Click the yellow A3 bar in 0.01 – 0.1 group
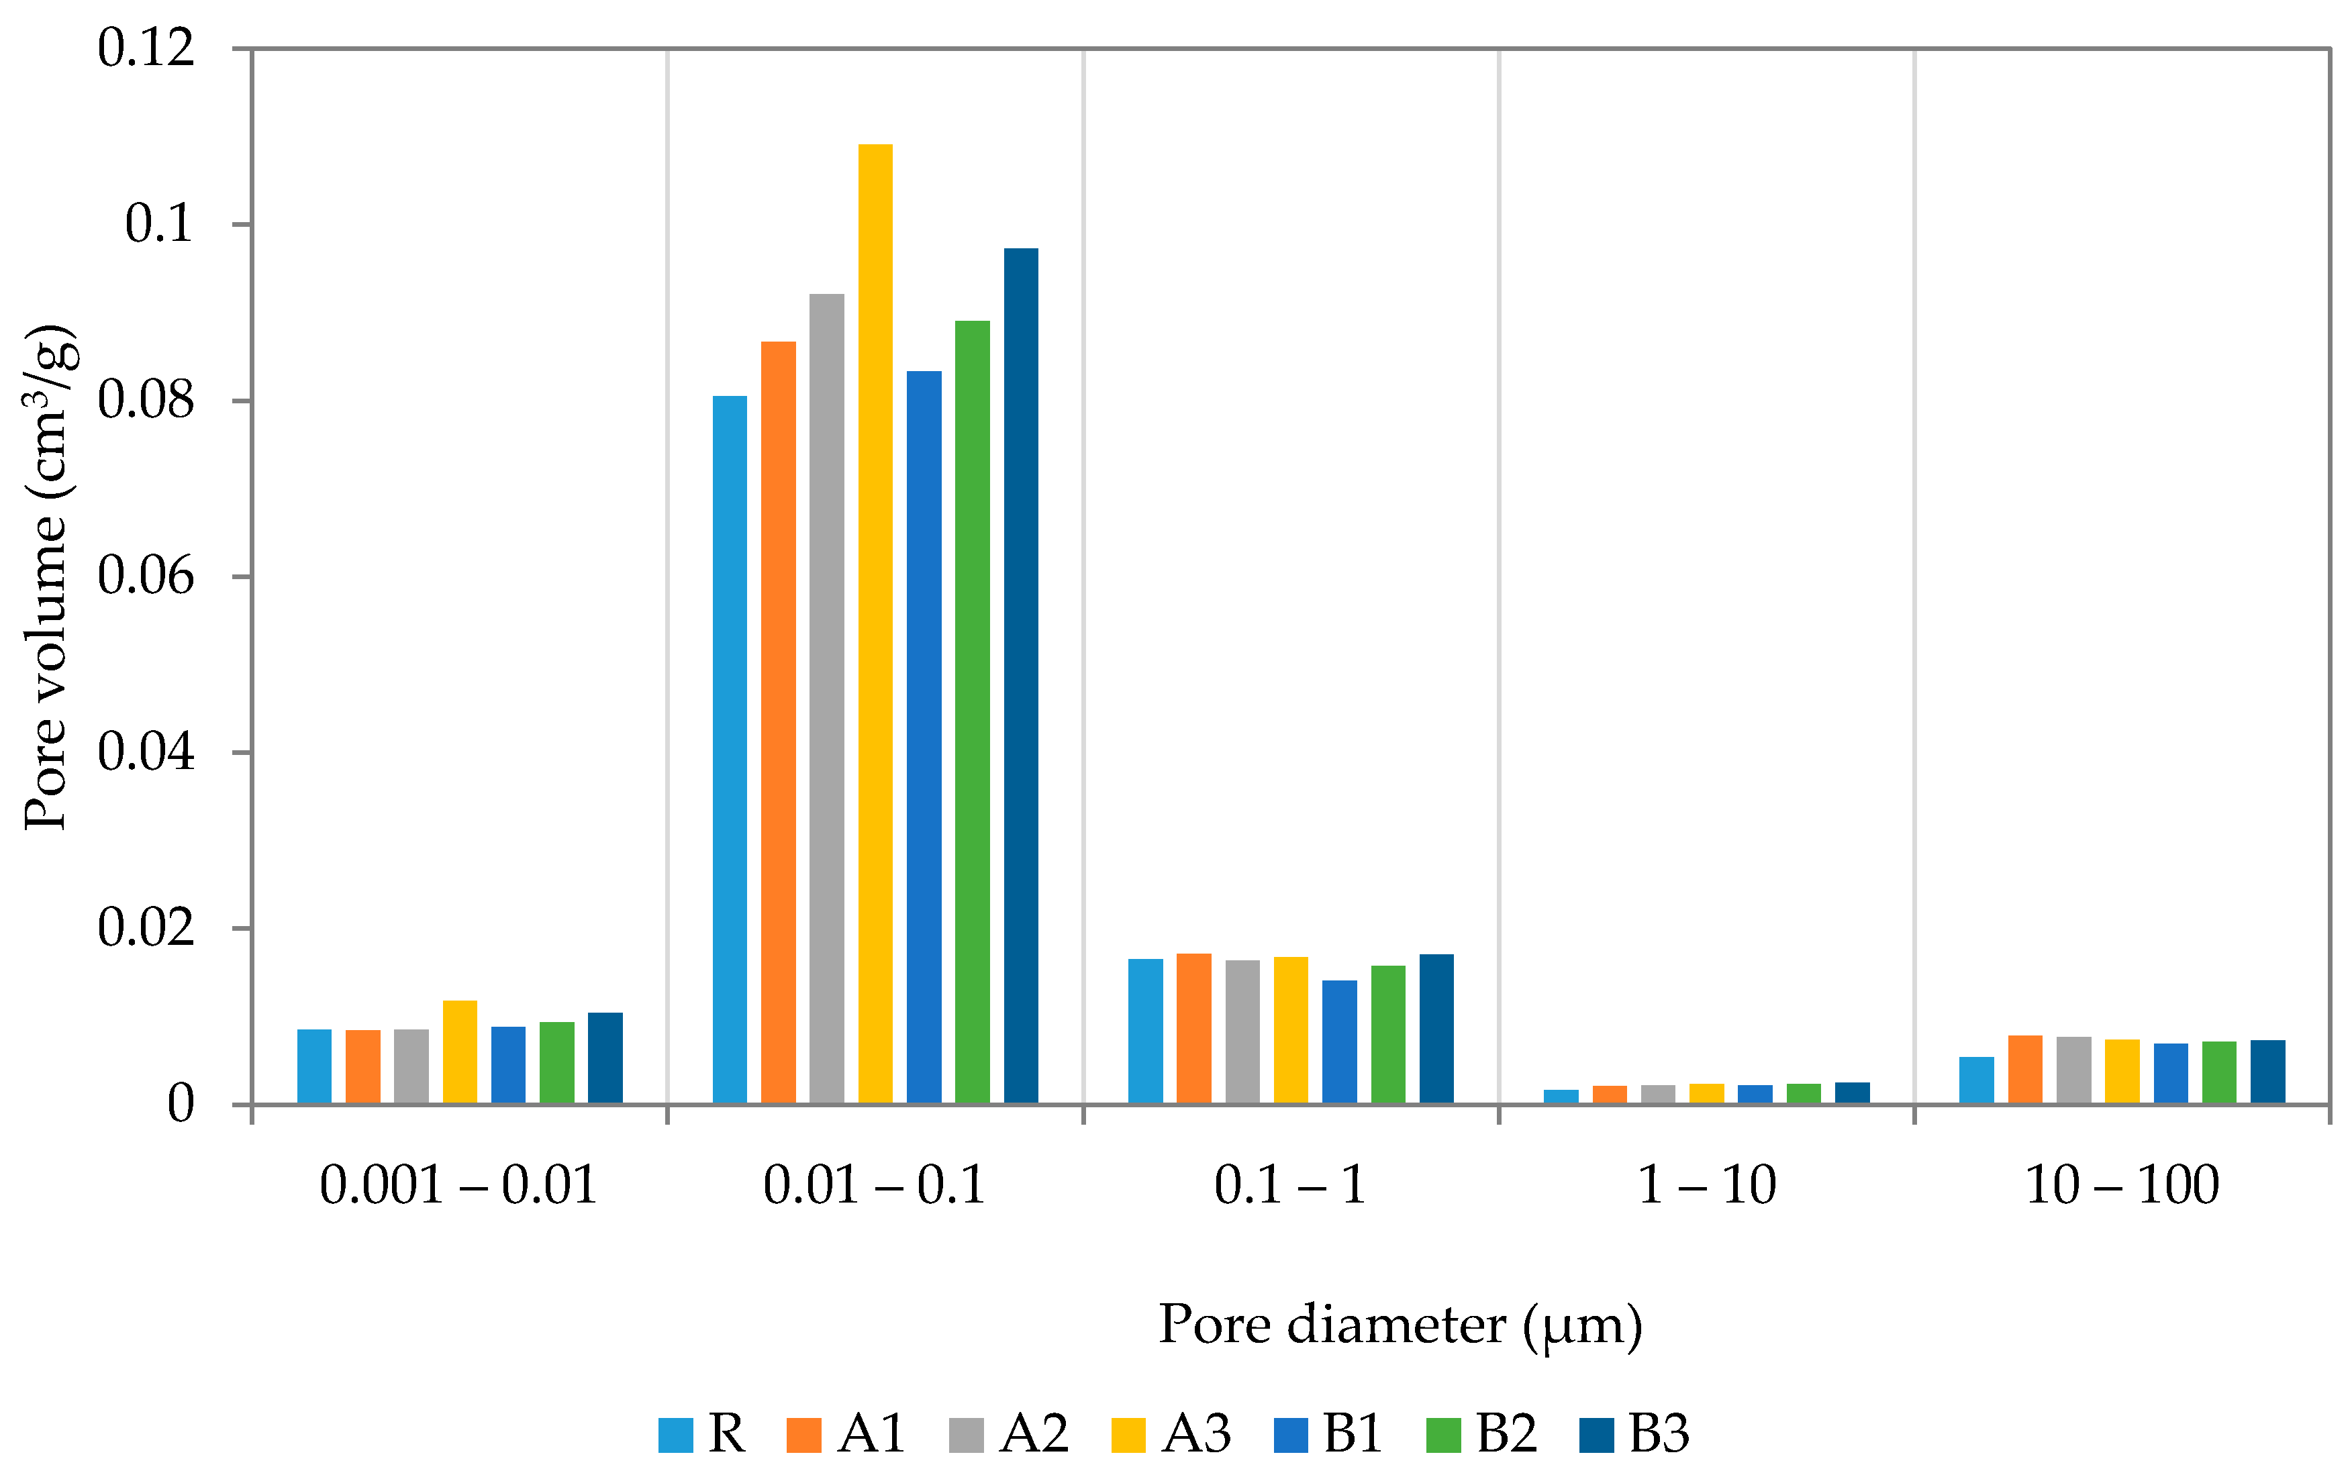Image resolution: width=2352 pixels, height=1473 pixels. pyautogui.click(x=875, y=623)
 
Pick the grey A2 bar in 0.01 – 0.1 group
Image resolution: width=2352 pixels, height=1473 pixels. pyautogui.click(x=826, y=697)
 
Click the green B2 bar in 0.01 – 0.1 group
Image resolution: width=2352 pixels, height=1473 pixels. pyautogui.click(x=973, y=711)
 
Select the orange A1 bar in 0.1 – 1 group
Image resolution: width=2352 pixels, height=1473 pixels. pyautogui.click(x=1193, y=1028)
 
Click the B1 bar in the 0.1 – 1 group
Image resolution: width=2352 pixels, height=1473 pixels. pyautogui.click(x=1340, y=1040)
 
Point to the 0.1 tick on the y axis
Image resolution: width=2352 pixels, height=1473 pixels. pyautogui.click(x=159, y=224)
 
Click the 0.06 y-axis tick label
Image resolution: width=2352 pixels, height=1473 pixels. pyautogui.click(x=146, y=576)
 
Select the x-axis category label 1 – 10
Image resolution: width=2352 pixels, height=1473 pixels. pyautogui.click(x=1707, y=1186)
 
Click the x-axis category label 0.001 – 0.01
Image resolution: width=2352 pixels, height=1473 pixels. pyautogui.click(x=458, y=1186)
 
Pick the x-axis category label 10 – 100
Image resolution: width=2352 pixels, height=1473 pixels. pyautogui.click(x=2122, y=1186)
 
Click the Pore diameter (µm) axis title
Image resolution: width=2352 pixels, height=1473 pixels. pyautogui.click(x=1400, y=1325)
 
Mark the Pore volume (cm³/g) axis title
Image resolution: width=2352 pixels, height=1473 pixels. pyautogui.click(x=47, y=576)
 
